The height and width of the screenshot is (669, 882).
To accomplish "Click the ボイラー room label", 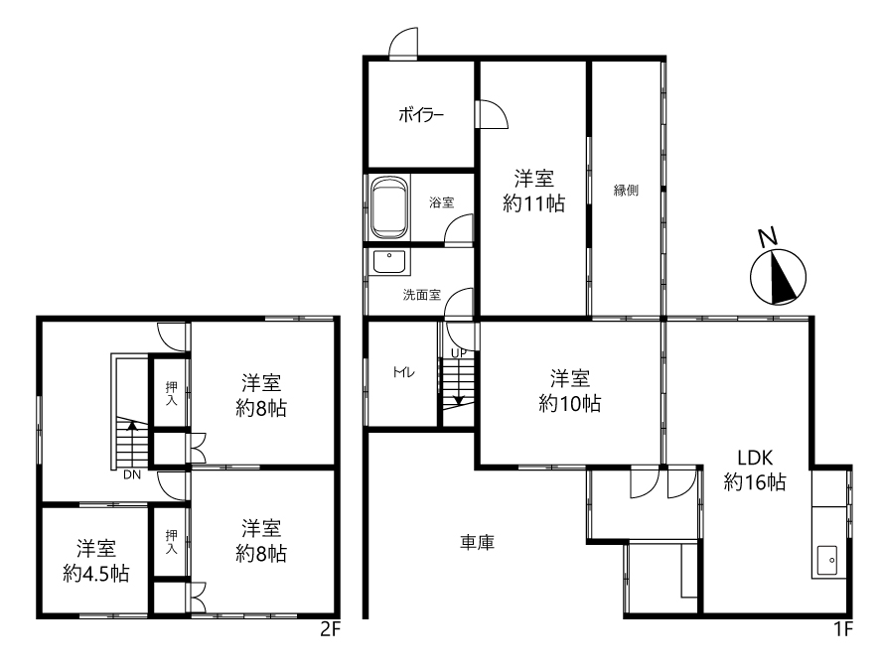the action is click(x=421, y=116).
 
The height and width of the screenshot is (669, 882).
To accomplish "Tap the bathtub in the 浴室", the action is click(x=388, y=208).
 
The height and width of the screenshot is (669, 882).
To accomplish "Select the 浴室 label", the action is click(x=442, y=202).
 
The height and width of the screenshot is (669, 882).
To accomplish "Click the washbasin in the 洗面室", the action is click(x=388, y=261).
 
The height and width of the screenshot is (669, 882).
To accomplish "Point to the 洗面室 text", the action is click(x=422, y=295).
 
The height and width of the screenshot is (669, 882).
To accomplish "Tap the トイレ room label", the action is click(x=404, y=372).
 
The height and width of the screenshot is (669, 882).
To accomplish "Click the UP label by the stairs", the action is click(x=459, y=353).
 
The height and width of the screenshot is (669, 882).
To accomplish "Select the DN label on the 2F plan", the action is click(x=132, y=475).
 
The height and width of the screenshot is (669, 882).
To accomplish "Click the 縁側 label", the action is click(x=626, y=190).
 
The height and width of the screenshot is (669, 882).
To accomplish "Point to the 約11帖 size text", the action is click(x=533, y=202).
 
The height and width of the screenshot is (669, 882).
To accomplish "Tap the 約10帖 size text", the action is click(x=570, y=403).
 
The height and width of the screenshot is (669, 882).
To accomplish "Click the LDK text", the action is click(x=755, y=459).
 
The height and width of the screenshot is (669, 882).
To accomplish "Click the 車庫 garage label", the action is click(x=478, y=543).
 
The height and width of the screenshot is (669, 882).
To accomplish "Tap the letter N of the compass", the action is click(x=768, y=238).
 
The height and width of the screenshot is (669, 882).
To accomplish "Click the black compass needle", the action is click(x=783, y=279).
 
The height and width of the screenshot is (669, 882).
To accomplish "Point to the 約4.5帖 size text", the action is click(x=96, y=574).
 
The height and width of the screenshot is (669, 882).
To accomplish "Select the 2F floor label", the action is click(x=331, y=629).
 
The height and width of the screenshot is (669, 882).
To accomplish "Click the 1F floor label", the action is click(x=843, y=629).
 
